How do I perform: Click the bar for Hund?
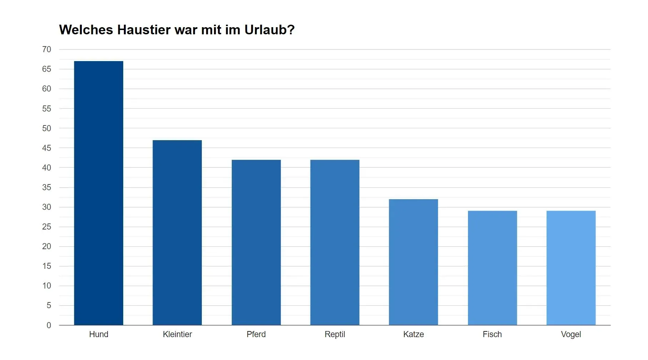point(99,193)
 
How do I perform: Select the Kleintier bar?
point(177,232)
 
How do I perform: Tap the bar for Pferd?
point(256,242)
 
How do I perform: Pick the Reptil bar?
point(335,242)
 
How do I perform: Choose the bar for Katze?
point(413,262)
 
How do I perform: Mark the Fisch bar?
point(492,268)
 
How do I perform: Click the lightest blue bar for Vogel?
point(571,268)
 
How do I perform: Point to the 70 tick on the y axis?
point(46,49)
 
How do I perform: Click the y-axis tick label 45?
point(46,148)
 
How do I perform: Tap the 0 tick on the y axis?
point(49,325)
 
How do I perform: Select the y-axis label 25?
point(46,227)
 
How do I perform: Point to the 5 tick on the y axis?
point(49,305)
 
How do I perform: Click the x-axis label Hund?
point(99,334)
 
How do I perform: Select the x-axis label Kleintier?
point(177,334)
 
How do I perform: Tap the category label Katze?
point(413,334)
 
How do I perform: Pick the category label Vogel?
point(571,334)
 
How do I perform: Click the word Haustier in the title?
point(144,30)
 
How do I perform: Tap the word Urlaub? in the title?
point(269,30)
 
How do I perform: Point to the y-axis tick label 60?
point(46,89)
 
